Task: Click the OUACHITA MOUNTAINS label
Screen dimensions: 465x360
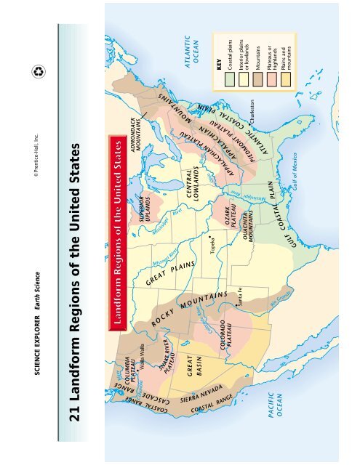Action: (x=248, y=198)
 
